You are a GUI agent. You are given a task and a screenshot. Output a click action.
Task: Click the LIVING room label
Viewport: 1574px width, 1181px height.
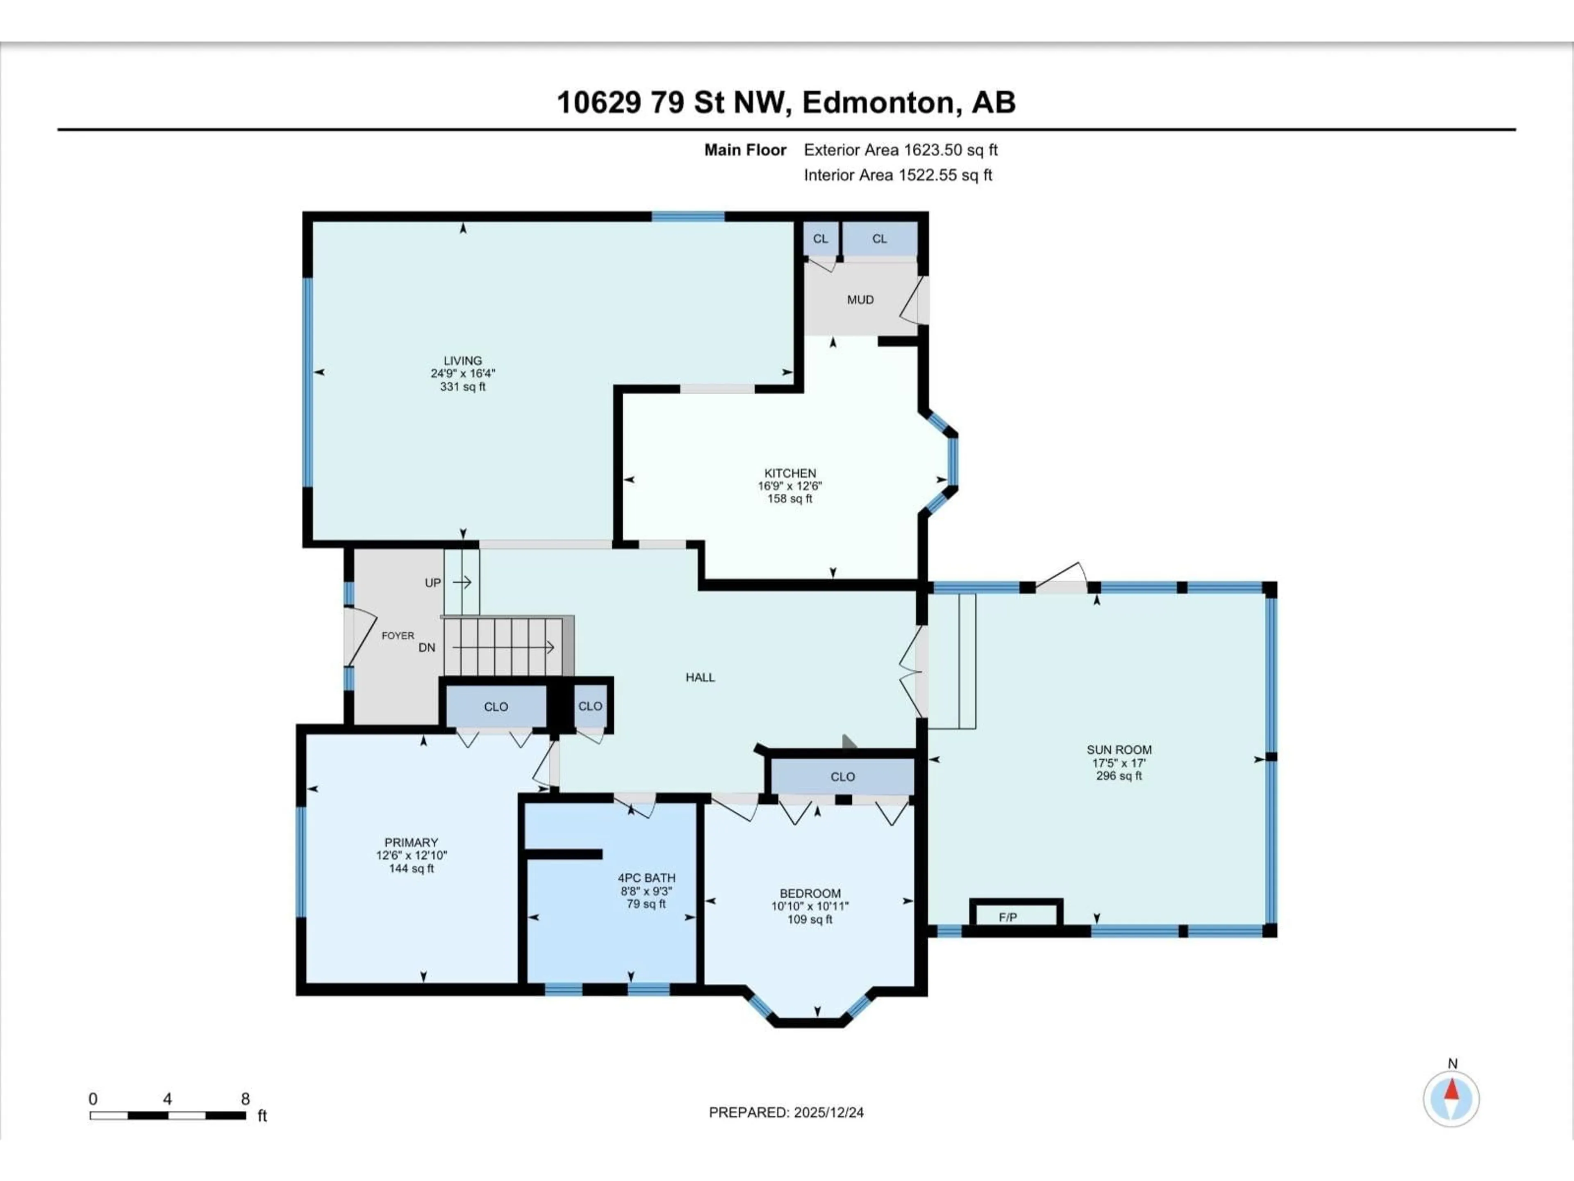pyautogui.click(x=462, y=361)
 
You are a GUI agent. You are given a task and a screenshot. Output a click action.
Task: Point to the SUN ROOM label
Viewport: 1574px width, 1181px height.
pyautogui.click(x=1119, y=750)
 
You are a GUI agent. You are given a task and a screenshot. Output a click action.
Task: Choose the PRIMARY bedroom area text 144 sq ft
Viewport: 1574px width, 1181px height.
pyautogui.click(x=411, y=869)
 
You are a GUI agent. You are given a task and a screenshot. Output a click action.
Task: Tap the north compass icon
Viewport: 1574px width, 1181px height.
pyautogui.click(x=1451, y=1099)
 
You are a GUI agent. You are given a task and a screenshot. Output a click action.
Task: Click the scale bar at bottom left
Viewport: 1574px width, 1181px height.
pyautogui.click(x=168, y=1115)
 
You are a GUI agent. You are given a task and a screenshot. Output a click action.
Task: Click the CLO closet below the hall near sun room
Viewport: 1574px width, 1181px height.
pyautogui.click(x=842, y=777)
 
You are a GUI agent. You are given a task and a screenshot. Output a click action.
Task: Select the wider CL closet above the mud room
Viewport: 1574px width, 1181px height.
pyautogui.click(x=880, y=239)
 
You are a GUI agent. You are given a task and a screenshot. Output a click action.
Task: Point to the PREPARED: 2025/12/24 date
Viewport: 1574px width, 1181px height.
pyautogui.click(x=786, y=1113)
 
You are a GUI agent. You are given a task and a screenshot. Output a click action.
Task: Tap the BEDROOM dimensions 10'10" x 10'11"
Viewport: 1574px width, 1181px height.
pyautogui.click(x=810, y=906)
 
